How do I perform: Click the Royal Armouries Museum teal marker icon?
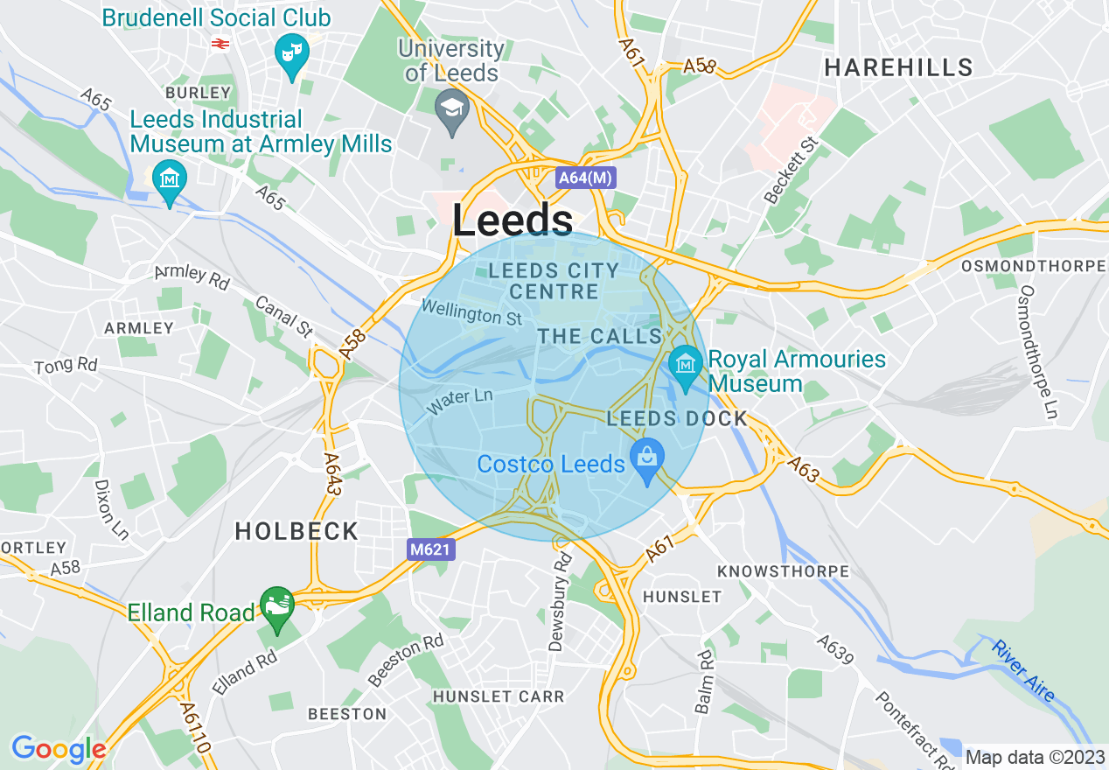click(x=685, y=362)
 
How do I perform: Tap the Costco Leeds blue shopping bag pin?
click(x=646, y=458)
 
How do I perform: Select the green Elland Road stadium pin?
click(x=277, y=606)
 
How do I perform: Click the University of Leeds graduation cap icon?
click(x=452, y=111)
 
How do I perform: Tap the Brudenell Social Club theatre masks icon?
click(x=291, y=53)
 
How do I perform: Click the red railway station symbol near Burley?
click(x=220, y=42)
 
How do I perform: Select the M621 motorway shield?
click(x=431, y=549)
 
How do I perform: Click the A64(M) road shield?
click(x=586, y=178)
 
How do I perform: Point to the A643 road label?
click(x=331, y=473)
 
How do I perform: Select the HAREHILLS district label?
click(x=898, y=67)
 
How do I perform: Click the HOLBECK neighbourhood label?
click(x=296, y=531)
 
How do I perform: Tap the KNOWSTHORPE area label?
click(x=783, y=571)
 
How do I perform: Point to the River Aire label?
click(x=1022, y=670)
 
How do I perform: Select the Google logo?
click(x=59, y=749)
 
